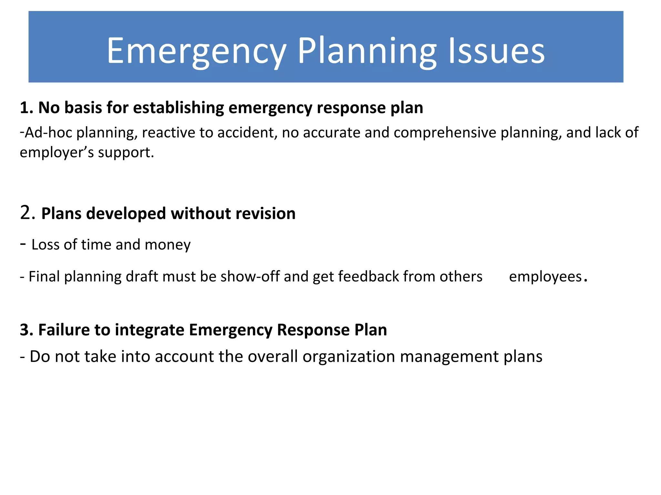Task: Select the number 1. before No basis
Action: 26,108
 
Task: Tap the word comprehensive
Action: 444,133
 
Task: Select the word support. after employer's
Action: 126,152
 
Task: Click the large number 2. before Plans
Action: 27,213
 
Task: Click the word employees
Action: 545,277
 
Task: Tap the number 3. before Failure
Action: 26,330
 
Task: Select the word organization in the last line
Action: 349,357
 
